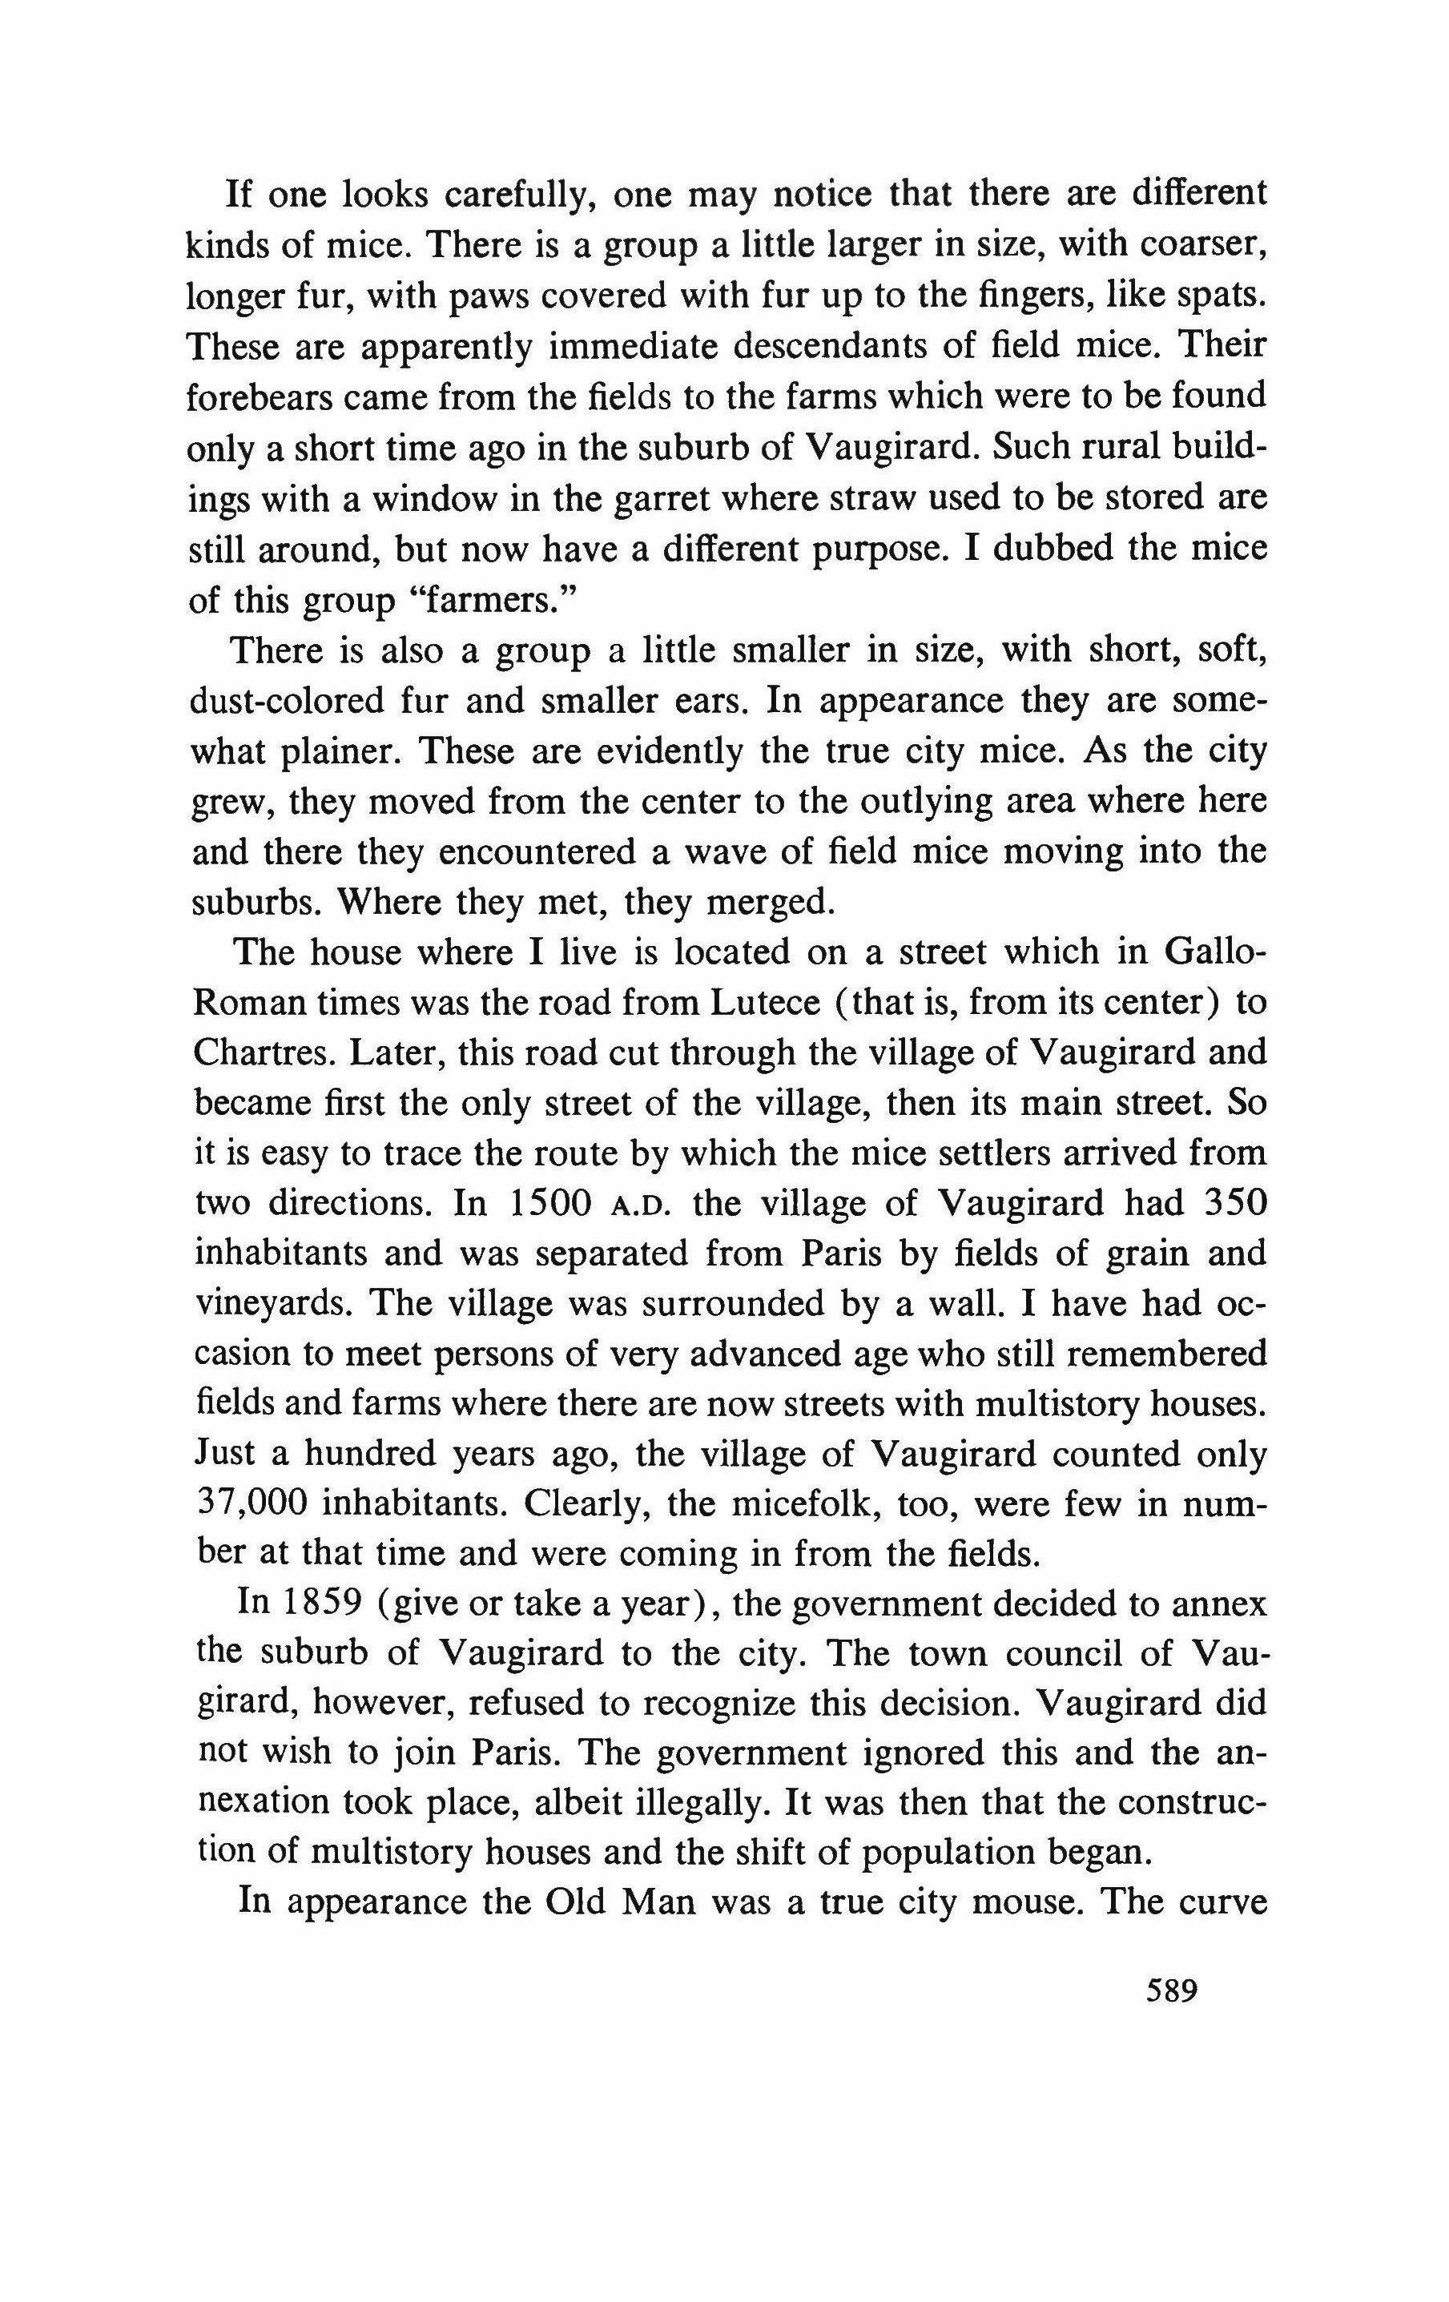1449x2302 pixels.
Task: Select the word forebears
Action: point(252,395)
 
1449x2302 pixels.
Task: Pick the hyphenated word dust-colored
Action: point(302,701)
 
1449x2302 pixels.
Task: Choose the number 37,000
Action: point(251,1503)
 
